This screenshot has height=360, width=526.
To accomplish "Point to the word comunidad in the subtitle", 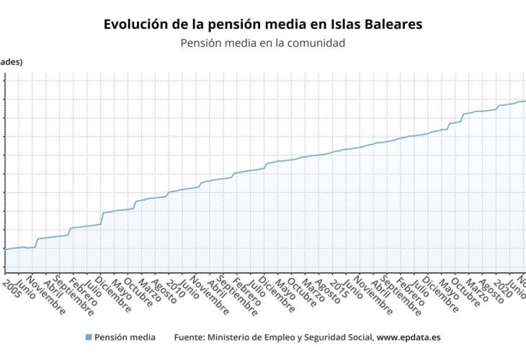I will point(315,43).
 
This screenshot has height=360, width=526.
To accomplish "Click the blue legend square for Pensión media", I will point(89,337).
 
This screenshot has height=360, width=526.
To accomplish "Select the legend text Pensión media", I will point(125,337).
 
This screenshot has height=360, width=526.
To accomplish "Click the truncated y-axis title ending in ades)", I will point(11,62).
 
